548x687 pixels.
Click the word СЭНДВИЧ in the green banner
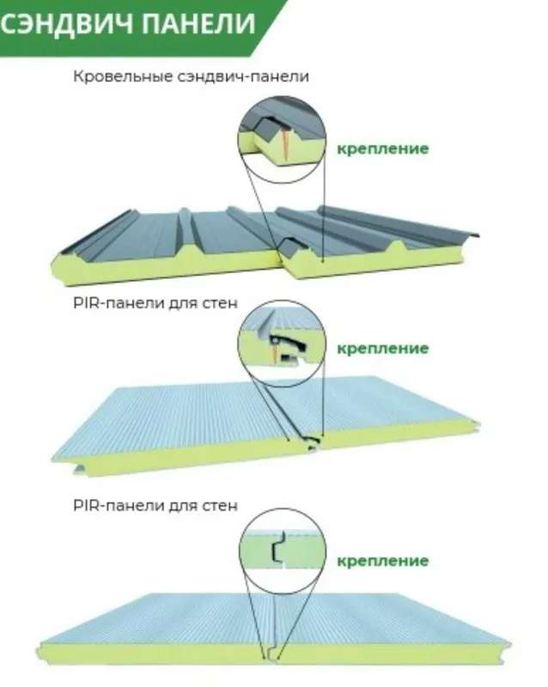(66, 23)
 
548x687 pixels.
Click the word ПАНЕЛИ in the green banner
(199, 23)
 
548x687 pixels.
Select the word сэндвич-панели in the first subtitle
(243, 76)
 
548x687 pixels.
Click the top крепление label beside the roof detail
(383, 149)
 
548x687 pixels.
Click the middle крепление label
(383, 349)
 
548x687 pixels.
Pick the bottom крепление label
(383, 561)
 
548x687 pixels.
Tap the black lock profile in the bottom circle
(277, 547)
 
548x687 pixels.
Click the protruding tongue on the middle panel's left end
(79, 470)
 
